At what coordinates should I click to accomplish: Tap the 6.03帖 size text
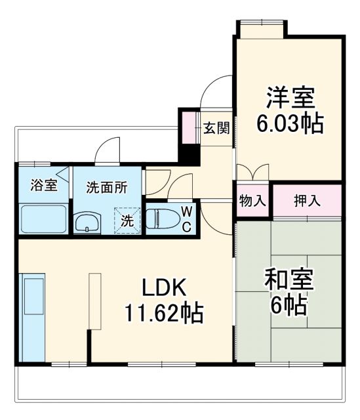coord(290,124)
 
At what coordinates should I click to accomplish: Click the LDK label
coord(165,287)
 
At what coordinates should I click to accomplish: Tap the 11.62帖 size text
coord(165,312)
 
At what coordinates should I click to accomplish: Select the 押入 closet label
coord(307,201)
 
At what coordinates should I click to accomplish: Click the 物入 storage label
coord(252,201)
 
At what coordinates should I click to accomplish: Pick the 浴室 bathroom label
coord(43,185)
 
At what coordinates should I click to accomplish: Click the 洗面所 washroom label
coord(107,186)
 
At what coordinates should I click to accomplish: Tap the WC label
coord(186,219)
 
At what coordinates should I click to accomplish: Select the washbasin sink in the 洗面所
coord(87,224)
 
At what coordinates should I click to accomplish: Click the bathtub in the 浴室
coord(43,219)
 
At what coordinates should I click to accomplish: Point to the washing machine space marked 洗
coord(128,220)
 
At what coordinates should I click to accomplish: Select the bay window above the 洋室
coord(261,28)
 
